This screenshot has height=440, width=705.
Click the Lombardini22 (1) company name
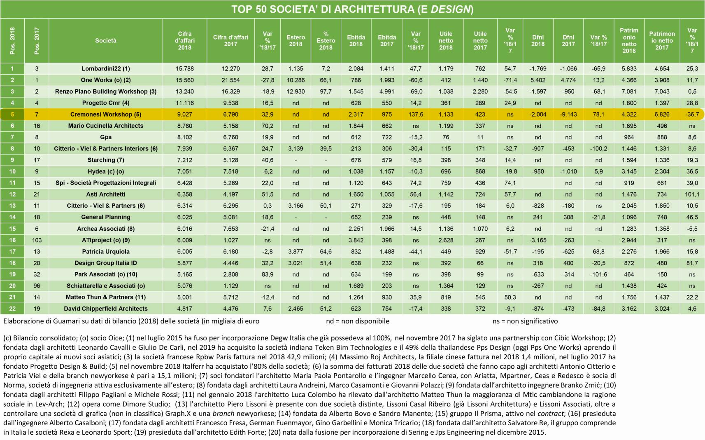pyautogui.click(x=106, y=69)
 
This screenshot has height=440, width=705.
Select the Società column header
pyautogui.click(x=106, y=41)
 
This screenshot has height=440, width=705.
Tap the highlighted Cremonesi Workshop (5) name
pyautogui.click(x=106, y=115)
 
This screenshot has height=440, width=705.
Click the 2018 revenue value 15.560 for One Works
pyautogui.click(x=185, y=80)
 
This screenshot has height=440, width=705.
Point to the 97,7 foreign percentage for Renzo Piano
pyautogui.click(x=326, y=91)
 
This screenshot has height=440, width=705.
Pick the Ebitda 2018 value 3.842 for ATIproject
pyautogui.click(x=356, y=240)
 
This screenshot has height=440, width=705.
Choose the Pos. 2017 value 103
pyautogui.click(x=37, y=240)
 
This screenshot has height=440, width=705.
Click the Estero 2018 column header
pyautogui.click(x=295, y=41)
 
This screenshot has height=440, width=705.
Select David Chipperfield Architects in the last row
pyautogui.click(x=106, y=309)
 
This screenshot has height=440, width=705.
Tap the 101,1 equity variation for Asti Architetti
pyautogui.click(x=692, y=194)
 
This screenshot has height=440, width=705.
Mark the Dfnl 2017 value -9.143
pyautogui.click(x=568, y=115)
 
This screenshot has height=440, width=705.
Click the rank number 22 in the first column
pyautogui.click(x=12, y=309)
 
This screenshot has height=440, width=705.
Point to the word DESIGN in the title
pyautogui.click(x=450, y=9)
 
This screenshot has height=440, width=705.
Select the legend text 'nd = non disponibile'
pyautogui.click(x=358, y=321)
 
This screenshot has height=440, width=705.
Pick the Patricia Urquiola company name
pyautogui.click(x=106, y=252)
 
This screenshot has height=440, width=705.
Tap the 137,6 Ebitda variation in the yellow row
pyautogui.click(x=416, y=115)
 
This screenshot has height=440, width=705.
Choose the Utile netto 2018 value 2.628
pyautogui.click(x=446, y=240)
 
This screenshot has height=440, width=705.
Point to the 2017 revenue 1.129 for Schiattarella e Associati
pyautogui.click(x=231, y=286)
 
